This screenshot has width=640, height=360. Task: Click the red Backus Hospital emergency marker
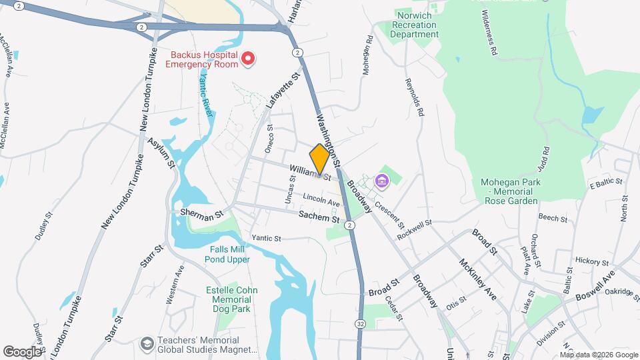tap(248, 59)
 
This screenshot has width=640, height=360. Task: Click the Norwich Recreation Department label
tap(413, 25)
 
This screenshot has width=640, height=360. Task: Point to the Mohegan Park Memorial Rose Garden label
tap(510, 191)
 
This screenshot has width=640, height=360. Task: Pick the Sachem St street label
tap(314, 217)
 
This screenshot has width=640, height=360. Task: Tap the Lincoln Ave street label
tap(321, 201)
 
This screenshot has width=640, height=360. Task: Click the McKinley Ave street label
tap(478, 279)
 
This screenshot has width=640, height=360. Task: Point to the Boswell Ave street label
tap(595, 277)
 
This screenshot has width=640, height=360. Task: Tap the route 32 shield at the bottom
tap(360, 323)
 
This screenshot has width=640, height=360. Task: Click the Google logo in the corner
tap(21, 351)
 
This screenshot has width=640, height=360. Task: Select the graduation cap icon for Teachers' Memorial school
tap(145, 343)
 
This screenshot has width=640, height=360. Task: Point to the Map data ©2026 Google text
tap(598, 355)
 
